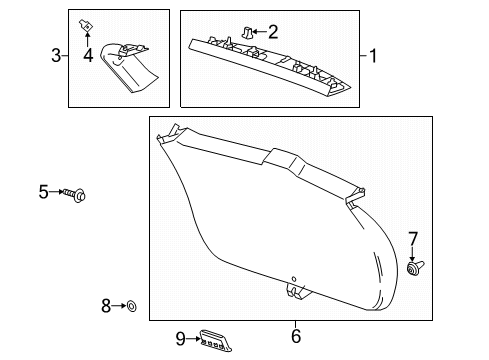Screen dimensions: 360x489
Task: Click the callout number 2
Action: pyautogui.click(x=271, y=33)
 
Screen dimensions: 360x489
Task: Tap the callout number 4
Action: pyautogui.click(x=89, y=55)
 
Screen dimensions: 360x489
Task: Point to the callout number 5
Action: pyautogui.click(x=43, y=191)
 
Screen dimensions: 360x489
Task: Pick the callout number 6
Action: pyautogui.click(x=296, y=336)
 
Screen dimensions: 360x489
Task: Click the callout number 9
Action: pyautogui.click(x=181, y=338)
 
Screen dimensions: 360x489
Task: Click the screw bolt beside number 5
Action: pyautogui.click(x=77, y=192)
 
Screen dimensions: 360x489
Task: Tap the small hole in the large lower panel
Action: pyautogui.click(x=294, y=278)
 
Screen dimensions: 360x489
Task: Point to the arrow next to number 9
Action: pyautogui.click(x=194, y=338)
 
